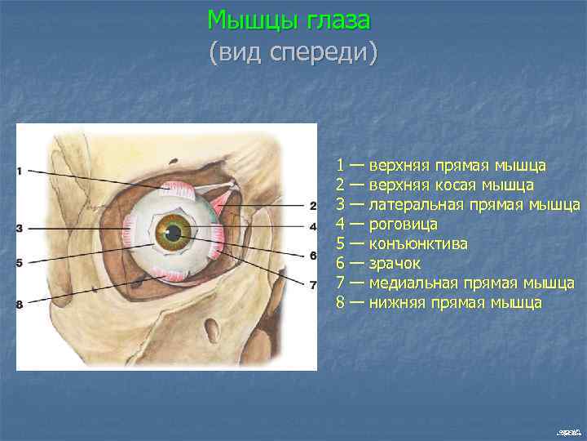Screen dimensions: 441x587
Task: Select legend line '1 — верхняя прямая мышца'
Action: click(441, 166)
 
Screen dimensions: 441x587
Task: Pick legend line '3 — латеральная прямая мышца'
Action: click(457, 205)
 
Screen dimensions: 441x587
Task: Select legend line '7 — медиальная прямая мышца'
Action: click(455, 283)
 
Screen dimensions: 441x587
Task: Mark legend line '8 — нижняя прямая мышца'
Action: click(439, 302)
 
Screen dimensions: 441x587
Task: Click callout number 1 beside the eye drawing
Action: click(19, 171)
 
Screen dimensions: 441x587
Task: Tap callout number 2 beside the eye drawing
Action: click(312, 205)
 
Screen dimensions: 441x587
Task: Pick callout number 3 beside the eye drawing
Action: click(19, 227)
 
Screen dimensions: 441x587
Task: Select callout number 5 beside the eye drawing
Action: click(19, 262)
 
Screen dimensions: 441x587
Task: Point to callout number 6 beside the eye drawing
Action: click(312, 256)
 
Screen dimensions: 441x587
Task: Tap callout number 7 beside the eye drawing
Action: click(312, 284)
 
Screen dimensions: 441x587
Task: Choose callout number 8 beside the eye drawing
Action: click(19, 305)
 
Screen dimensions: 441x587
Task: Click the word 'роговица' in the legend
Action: click(404, 224)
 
